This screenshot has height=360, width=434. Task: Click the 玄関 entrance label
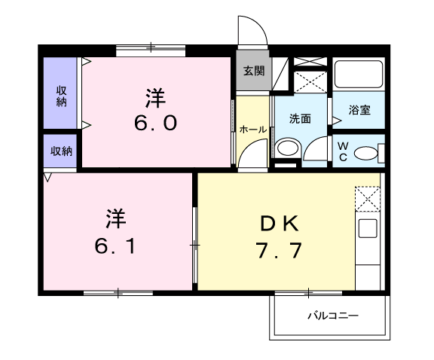pos(253,72)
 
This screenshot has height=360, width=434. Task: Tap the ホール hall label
pos(252,130)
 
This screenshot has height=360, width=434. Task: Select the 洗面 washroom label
pos(301,118)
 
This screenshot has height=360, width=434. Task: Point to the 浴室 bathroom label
pos(359,110)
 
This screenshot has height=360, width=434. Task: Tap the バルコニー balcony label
pos(332,315)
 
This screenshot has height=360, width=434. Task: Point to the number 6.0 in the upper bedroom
pos(156,122)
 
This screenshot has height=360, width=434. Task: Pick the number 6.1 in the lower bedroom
pos(115,246)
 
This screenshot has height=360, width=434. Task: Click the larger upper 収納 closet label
pos(61,95)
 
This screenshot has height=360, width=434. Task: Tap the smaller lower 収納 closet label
pos(61,151)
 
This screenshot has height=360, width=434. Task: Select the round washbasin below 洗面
pos(286,148)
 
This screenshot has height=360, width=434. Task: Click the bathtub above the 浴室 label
pos(359,76)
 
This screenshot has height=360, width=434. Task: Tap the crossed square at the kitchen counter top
pos(368,198)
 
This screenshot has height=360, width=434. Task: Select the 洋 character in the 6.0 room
pos(156,97)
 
